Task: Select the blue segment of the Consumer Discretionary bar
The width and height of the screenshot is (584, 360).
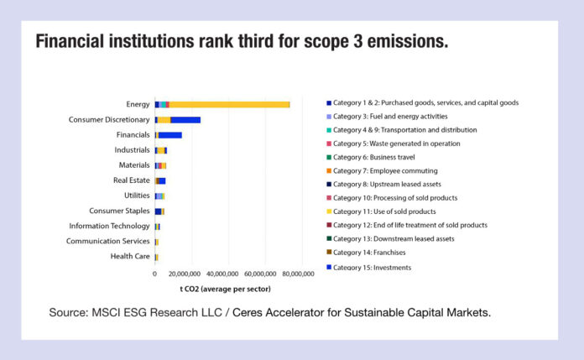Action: coord(185,120)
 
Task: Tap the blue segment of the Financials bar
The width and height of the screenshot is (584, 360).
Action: coord(170,135)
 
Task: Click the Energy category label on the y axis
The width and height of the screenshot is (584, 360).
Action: coord(138,104)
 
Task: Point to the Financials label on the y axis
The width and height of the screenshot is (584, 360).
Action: coord(133,135)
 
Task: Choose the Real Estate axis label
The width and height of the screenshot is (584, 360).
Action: coord(131,180)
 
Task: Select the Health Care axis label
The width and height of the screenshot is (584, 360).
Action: coord(130,256)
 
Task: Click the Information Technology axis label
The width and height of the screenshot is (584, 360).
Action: coord(109,226)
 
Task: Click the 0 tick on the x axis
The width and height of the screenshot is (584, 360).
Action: coord(154,274)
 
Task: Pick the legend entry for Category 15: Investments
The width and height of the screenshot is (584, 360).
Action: coord(372,267)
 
